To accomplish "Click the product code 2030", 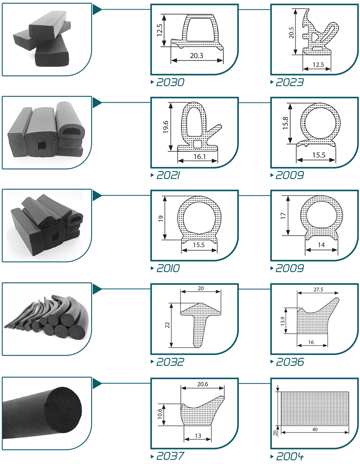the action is [170, 82].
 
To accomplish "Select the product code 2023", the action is [290, 82].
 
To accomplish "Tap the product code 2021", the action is [168, 175].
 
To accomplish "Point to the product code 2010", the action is [168, 268].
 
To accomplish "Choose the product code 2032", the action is [170, 362].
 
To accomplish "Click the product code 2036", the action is [290, 362].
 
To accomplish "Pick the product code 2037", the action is [170, 456].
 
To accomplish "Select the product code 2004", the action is [290, 456].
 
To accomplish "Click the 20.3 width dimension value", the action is [197, 55].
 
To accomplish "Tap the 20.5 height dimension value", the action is [291, 33].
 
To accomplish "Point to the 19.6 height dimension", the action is [165, 127].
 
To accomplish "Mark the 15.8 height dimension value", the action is [285, 123].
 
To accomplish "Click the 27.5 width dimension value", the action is [318, 289].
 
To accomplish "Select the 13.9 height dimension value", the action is [283, 321].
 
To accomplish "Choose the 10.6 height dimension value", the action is [160, 414].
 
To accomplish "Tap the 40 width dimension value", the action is [315, 429].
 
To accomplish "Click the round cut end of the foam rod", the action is [63, 409].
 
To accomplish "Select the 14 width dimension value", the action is [321, 245].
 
